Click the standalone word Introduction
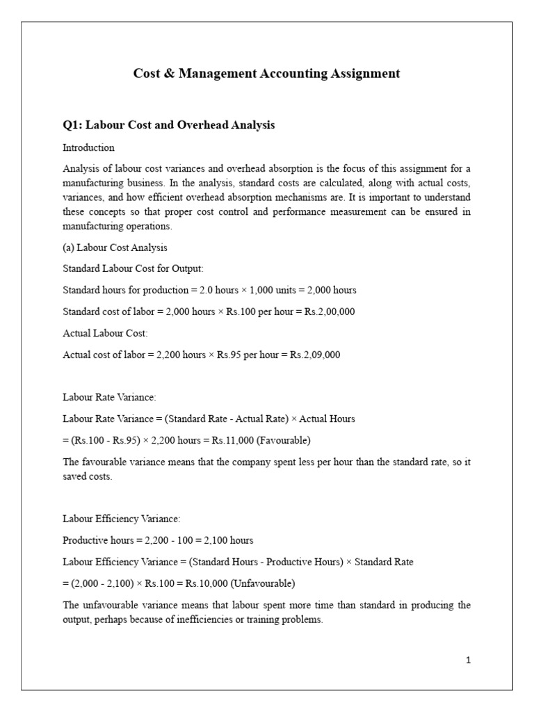click(x=88, y=148)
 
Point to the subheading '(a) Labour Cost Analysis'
click(x=115, y=248)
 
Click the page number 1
click(x=469, y=661)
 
